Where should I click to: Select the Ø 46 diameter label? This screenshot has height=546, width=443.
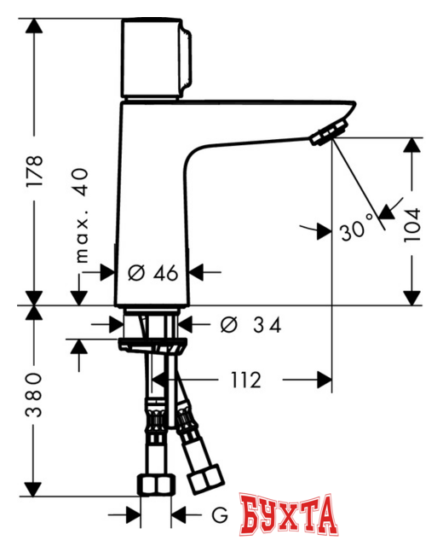152,273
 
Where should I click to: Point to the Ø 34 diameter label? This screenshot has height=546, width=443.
249,324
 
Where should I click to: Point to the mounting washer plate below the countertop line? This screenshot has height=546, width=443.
152,344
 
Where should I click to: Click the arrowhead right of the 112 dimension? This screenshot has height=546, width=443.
323,380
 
